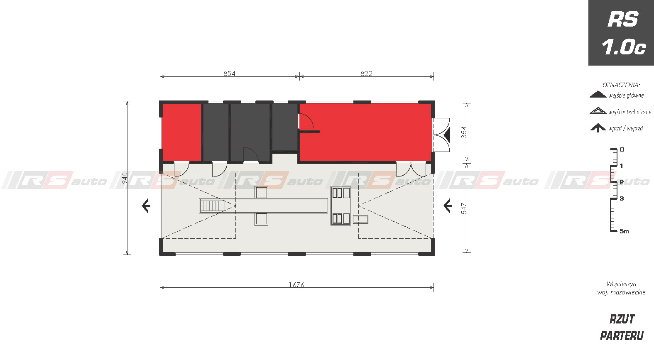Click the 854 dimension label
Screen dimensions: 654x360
click(229, 73)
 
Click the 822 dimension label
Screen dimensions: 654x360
click(366, 73)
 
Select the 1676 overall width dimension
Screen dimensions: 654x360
click(296, 285)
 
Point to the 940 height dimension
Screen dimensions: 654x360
click(125, 178)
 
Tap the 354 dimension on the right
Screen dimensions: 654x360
click(464, 132)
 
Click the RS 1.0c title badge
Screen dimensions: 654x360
click(621, 33)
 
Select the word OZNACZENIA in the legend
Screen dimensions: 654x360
click(621, 85)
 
